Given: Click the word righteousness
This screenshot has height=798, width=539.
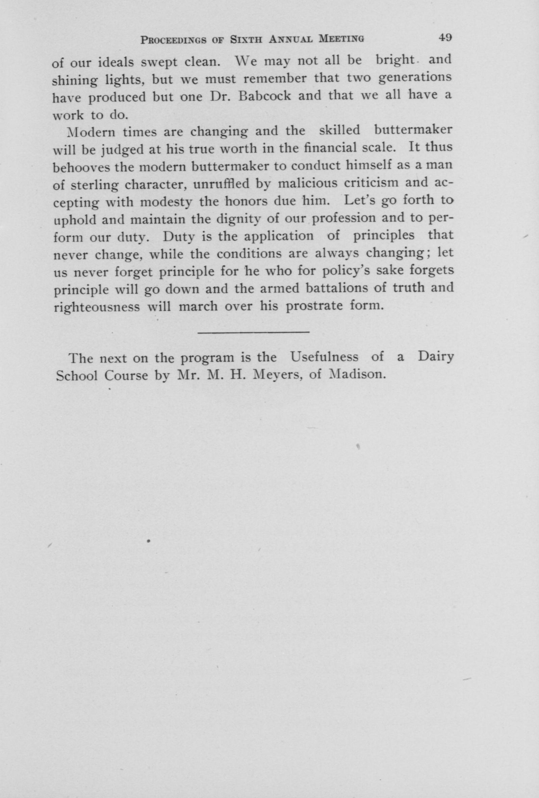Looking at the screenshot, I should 97,306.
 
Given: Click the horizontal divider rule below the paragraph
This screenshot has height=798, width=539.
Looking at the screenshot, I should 254,332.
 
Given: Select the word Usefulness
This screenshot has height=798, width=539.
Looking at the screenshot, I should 324,357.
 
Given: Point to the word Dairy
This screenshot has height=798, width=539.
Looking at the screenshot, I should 435,357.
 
